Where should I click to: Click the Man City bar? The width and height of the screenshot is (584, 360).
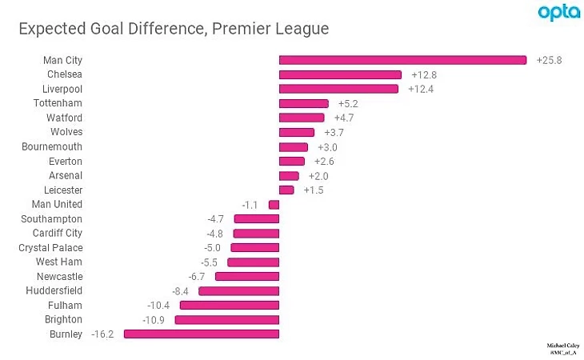coord(402,60)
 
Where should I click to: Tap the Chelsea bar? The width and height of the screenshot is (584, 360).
coord(340,74)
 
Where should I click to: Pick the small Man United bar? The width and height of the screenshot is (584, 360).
coord(274,205)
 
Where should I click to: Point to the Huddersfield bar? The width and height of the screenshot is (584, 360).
coord(239,291)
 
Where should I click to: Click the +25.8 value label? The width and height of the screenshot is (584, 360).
coord(550,60)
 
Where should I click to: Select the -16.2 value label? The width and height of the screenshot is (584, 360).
coord(102,334)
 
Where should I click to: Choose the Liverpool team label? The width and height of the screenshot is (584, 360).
coord(62,89)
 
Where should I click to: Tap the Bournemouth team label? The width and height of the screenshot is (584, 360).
coord(52,146)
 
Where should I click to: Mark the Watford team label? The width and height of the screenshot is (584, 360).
coord(64,118)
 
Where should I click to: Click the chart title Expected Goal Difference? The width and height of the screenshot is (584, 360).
coord(174,30)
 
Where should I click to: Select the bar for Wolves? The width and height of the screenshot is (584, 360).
coord(297,132)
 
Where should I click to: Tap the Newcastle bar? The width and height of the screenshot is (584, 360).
coord(247,277)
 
